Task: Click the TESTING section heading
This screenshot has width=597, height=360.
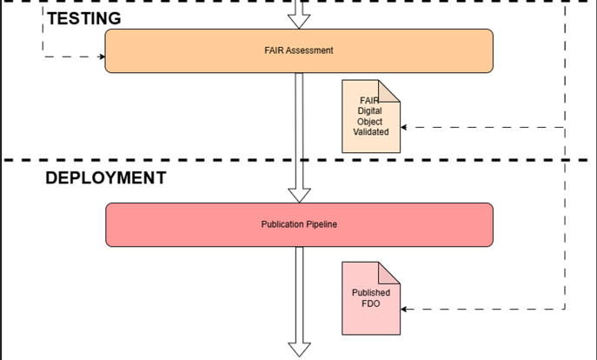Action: click(84, 18)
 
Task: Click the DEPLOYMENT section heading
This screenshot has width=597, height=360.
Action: click(106, 178)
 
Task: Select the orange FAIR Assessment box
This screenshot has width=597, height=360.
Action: click(299, 50)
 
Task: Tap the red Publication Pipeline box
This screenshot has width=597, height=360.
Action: click(299, 224)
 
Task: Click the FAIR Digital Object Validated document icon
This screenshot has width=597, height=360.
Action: click(371, 117)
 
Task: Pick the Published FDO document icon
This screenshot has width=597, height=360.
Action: click(371, 298)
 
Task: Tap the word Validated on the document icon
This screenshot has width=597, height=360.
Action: click(371, 132)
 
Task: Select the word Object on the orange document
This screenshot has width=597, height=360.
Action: click(369, 122)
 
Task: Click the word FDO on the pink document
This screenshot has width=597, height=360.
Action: click(371, 303)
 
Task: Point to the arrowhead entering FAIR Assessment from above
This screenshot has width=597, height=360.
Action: click(299, 22)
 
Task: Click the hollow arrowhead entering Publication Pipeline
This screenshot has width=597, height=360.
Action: click(299, 195)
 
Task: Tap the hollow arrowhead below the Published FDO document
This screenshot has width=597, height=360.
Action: click(299, 350)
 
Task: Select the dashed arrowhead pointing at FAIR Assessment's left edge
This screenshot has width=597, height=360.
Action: click(102, 57)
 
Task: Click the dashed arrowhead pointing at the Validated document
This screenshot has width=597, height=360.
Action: click(404, 127)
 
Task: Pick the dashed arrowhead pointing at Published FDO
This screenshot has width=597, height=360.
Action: click(404, 310)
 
